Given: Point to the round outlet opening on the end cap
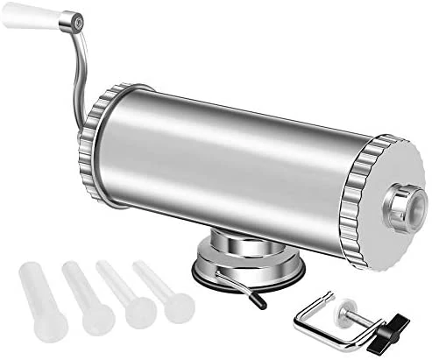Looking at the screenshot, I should click(406, 207).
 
